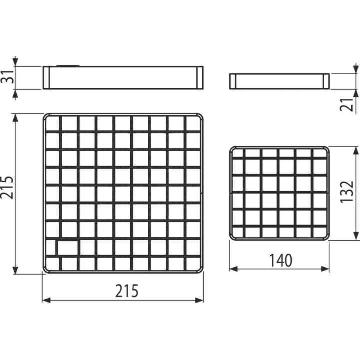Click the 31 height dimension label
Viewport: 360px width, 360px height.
(8, 77)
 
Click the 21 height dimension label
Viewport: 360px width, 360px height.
(346, 105)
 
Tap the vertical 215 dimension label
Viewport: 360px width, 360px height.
(7, 187)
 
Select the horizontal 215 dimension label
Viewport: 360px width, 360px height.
(127, 291)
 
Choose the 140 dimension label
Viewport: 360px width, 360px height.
(281, 261)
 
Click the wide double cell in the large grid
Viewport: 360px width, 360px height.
(68, 247)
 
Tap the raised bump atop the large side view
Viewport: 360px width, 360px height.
(68, 66)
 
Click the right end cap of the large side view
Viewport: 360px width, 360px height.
(200, 78)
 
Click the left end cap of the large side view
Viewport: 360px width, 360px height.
(46, 78)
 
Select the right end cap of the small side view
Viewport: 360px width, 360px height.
(326, 81)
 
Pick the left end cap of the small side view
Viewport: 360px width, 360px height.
(232, 81)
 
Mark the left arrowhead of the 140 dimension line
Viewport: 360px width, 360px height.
(233, 269)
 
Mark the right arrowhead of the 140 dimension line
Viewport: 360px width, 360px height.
(325, 269)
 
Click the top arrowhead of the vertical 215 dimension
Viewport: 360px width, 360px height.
(15, 118)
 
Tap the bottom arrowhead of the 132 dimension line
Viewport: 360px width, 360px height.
(356, 236)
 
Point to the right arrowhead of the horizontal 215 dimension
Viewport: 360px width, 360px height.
(199, 300)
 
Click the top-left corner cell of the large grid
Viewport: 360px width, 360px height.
(52, 123)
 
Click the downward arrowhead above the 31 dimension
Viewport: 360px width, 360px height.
(15, 62)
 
